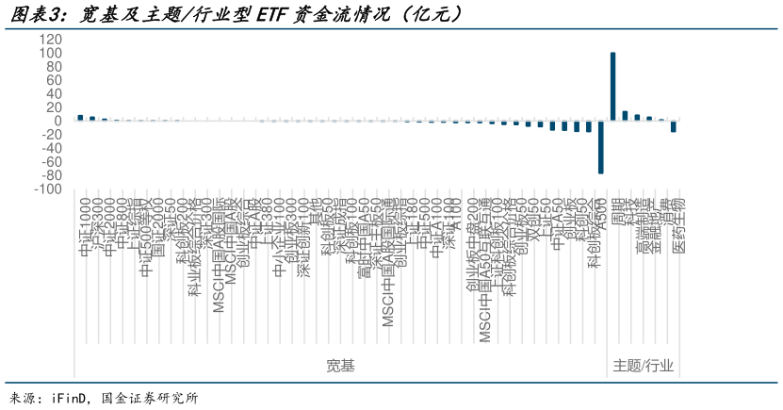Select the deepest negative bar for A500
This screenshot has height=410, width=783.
[601, 147]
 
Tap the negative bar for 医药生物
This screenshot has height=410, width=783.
[674, 126]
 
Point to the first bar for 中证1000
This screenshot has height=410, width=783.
[80, 118]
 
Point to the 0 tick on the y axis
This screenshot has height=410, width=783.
[58, 121]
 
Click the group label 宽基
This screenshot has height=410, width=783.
[340, 365]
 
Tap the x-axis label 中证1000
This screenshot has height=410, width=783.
[85, 226]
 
